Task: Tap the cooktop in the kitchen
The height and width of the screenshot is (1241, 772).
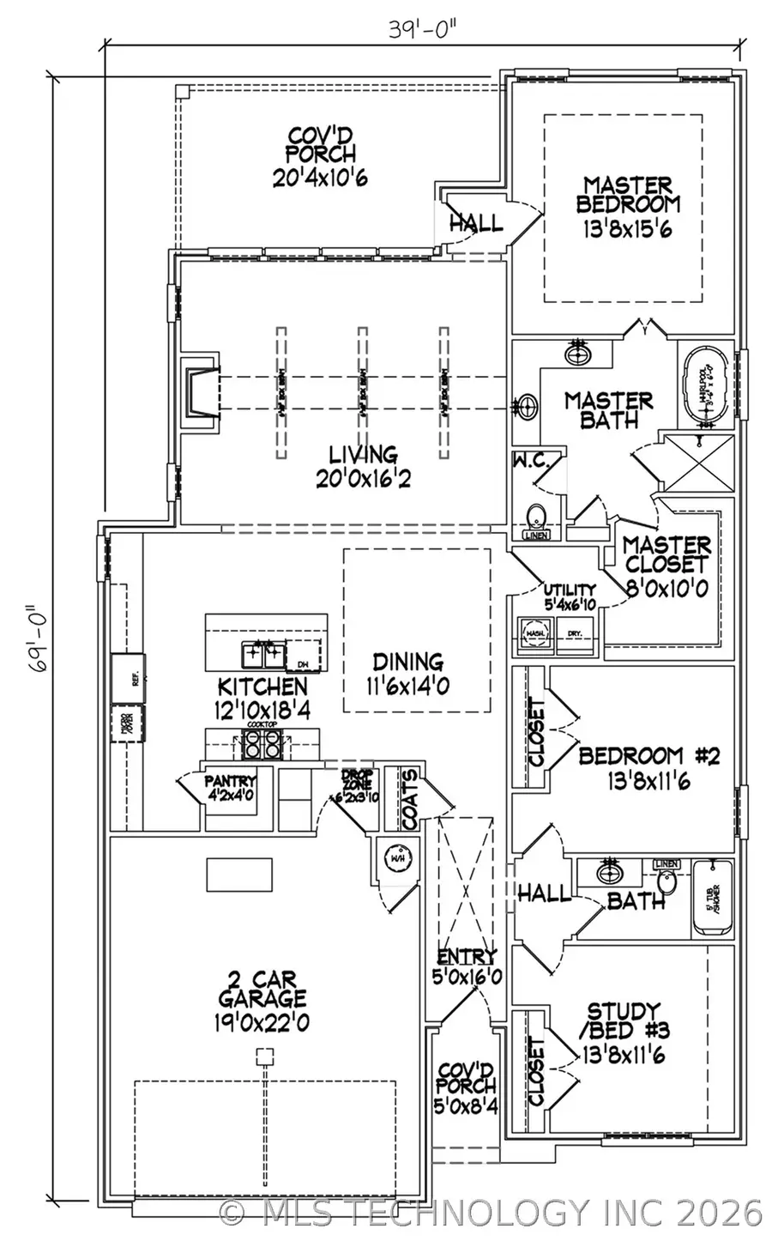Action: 262,745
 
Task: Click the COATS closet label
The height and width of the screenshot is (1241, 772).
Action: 411,800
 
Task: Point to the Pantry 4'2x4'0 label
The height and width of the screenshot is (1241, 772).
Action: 230,787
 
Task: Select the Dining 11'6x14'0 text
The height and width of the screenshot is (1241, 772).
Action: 408,672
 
